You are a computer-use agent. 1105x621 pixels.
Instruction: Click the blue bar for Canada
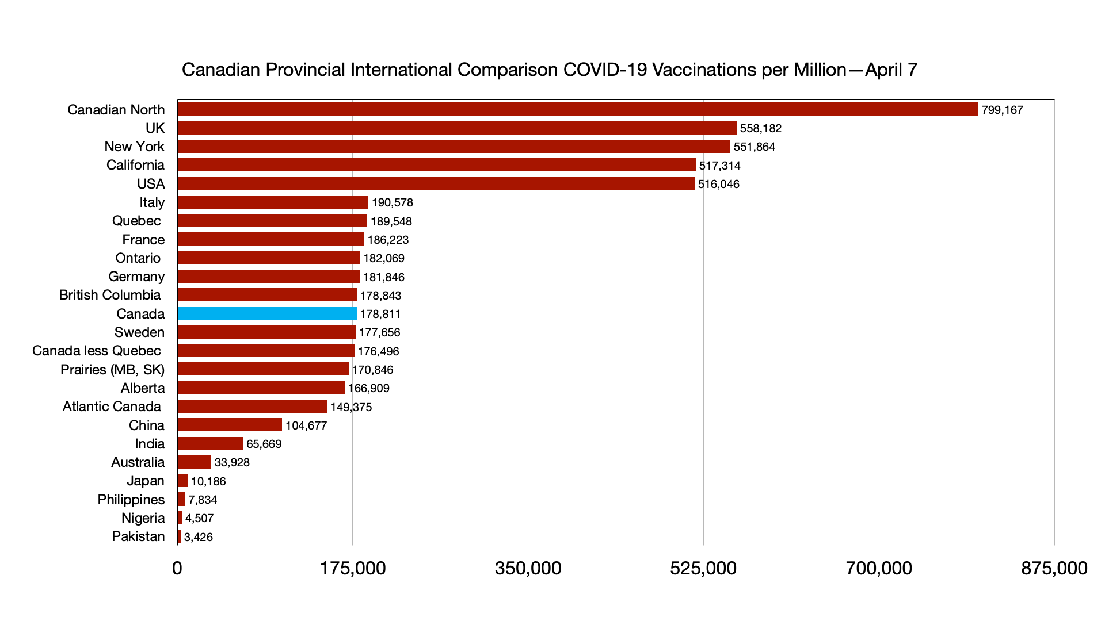(267, 314)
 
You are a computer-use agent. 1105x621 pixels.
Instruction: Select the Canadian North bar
(577, 109)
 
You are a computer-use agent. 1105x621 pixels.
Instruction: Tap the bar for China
(230, 425)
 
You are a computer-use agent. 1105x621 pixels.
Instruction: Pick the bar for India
(210, 444)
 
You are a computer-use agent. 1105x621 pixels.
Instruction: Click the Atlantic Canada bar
(252, 407)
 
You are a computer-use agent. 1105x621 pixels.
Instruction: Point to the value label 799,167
(1002, 110)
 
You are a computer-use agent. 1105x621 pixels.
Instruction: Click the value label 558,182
(760, 128)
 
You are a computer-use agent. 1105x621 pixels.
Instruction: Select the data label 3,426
(198, 537)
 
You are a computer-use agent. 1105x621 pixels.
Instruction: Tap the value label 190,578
(392, 202)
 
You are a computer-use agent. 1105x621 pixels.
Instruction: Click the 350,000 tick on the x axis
(528, 568)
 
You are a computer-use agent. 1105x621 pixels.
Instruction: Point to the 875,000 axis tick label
(1054, 568)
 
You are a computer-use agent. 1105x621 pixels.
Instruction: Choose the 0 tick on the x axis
(177, 568)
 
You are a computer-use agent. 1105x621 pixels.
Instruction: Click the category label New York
(134, 147)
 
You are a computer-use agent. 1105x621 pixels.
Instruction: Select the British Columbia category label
(110, 295)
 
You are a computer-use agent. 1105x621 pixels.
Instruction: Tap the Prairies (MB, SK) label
(112, 369)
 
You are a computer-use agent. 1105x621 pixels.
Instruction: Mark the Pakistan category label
(138, 536)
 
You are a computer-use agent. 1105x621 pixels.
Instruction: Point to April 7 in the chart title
(891, 70)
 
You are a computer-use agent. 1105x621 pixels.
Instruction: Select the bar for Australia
(194, 462)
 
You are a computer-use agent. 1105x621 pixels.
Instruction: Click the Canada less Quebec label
(97, 351)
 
